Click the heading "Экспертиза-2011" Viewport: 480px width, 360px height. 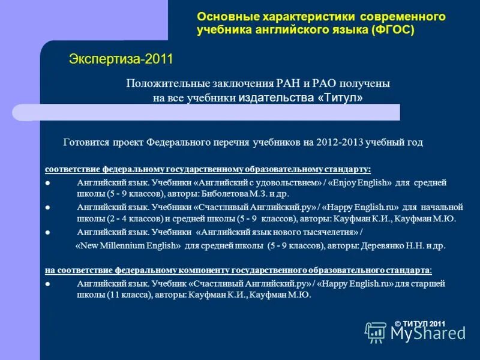(x=121, y=59)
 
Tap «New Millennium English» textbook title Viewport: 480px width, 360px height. (x=128, y=245)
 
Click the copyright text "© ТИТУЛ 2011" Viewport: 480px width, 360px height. (x=420, y=324)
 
